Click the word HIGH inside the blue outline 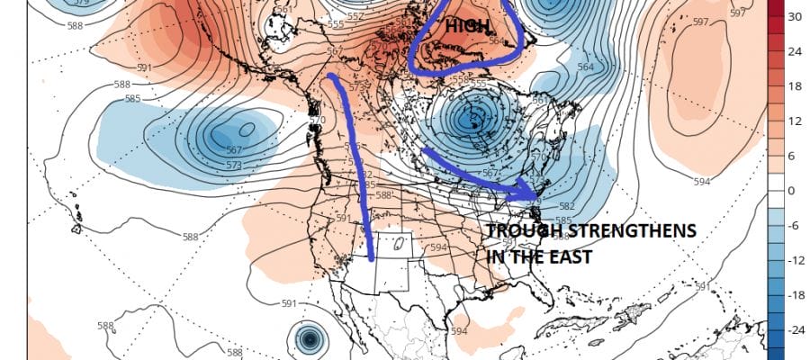click(x=464, y=28)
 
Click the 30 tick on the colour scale click(x=795, y=17)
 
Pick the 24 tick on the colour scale click(x=795, y=51)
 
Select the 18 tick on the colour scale click(x=795, y=86)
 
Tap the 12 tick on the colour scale click(x=795, y=121)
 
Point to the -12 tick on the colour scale click(x=795, y=261)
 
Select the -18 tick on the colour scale click(x=795, y=296)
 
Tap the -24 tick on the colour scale click(x=795, y=330)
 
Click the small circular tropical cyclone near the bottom click(x=310, y=339)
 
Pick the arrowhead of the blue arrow click(x=531, y=192)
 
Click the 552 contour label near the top click(x=329, y=16)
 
